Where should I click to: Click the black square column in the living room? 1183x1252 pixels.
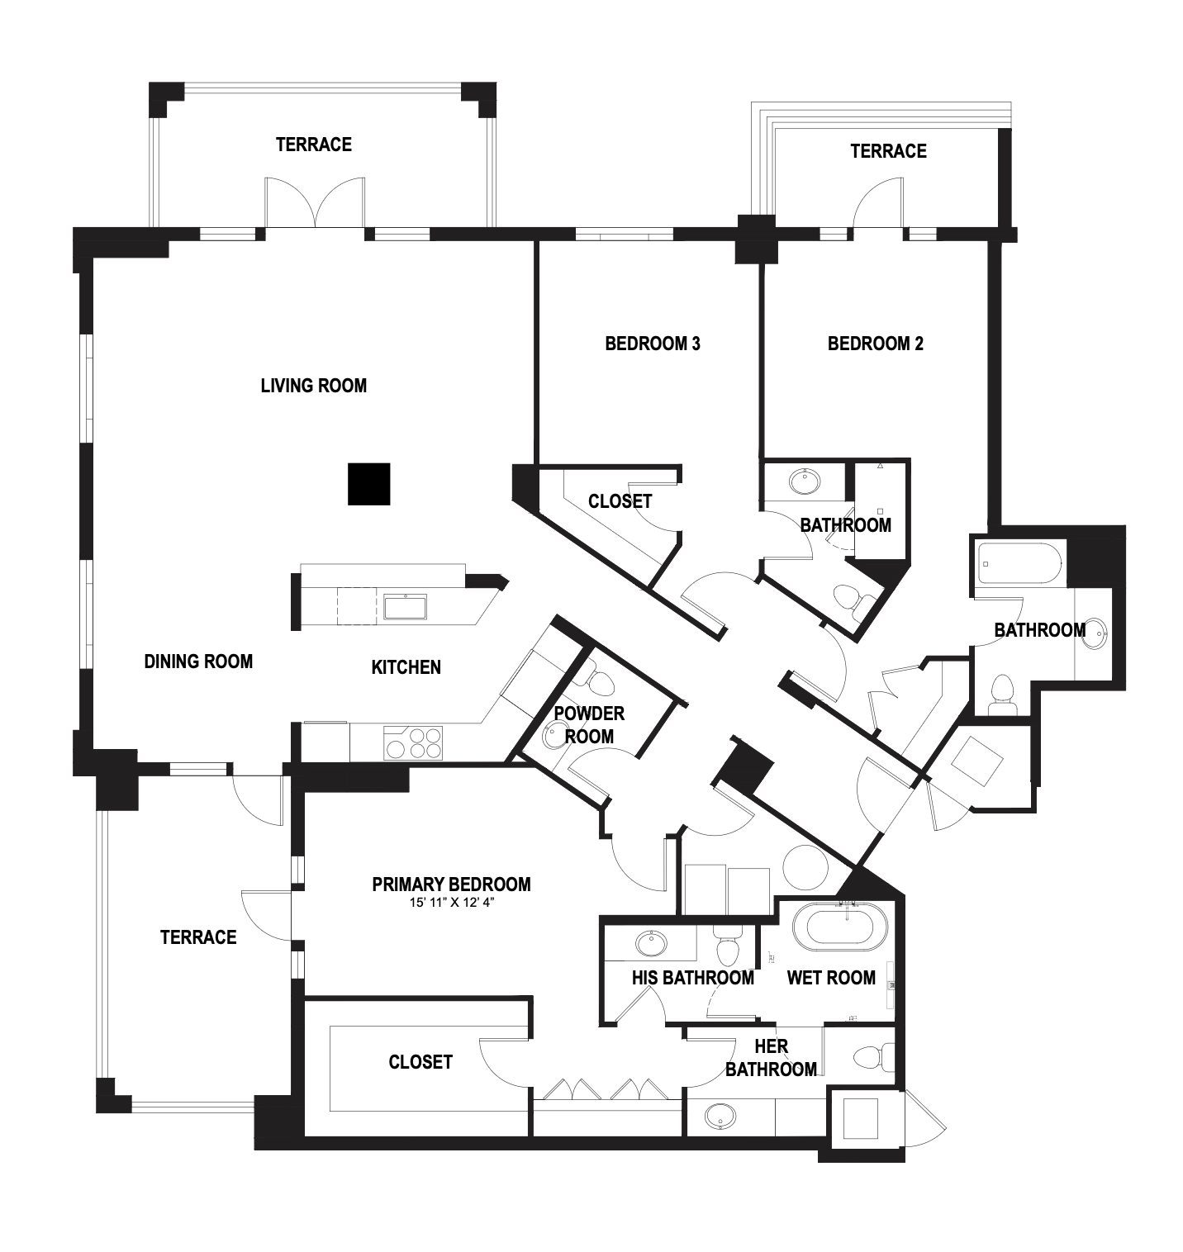[x=368, y=484]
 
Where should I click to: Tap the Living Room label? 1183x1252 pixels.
[x=314, y=386]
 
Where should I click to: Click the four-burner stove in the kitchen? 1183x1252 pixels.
[x=413, y=742]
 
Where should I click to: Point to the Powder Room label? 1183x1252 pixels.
[x=589, y=724]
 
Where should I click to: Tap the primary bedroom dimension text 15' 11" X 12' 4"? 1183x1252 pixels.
[x=452, y=903]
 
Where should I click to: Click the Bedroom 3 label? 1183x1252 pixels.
[x=653, y=344]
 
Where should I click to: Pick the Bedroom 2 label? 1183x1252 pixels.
[x=876, y=344]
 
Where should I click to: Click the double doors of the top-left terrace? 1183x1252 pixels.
[x=314, y=203]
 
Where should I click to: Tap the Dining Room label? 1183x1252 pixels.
[x=198, y=662]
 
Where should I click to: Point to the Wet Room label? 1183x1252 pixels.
[x=831, y=978]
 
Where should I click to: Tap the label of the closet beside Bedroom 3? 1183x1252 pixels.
[x=620, y=501]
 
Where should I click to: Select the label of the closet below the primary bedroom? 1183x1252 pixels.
[x=420, y=1062]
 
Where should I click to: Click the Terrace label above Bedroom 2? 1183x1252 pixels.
[x=888, y=151]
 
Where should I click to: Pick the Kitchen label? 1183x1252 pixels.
[x=406, y=667]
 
